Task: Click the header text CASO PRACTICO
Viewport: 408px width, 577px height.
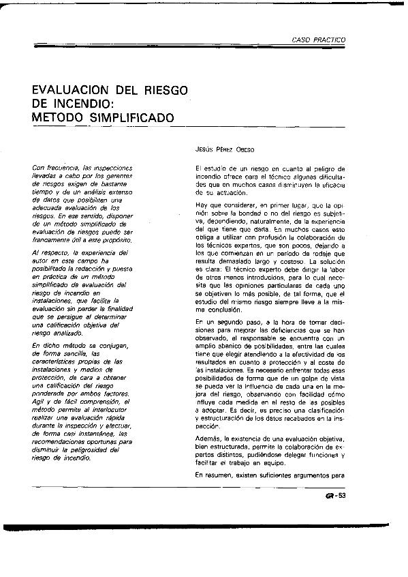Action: [319, 40]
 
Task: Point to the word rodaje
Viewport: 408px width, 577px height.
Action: [320, 254]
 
